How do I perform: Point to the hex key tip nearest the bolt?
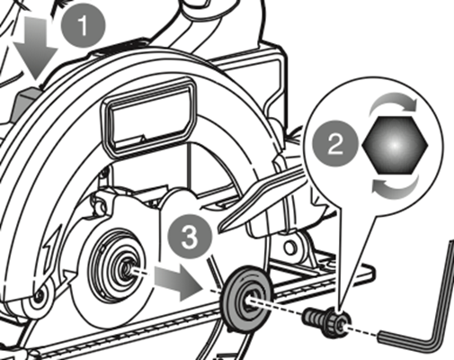click(x=382, y=335)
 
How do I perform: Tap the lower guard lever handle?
click(x=261, y=197)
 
